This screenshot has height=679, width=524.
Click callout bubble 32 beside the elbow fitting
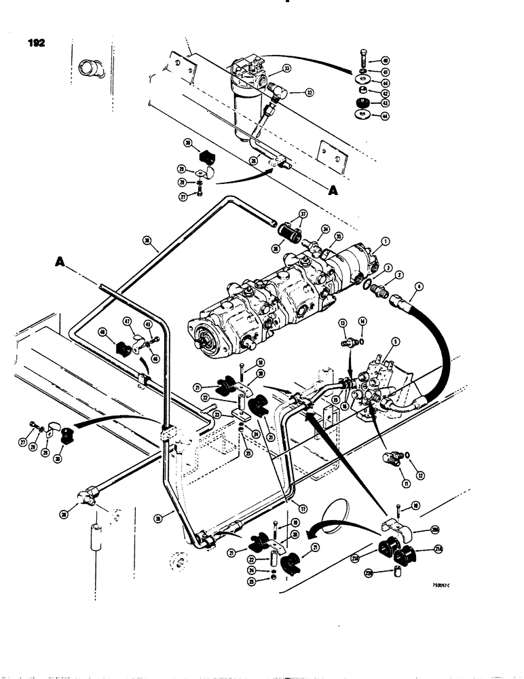click(310, 92)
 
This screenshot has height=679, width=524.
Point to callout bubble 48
click(102, 333)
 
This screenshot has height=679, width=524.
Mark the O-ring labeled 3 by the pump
click(368, 285)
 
